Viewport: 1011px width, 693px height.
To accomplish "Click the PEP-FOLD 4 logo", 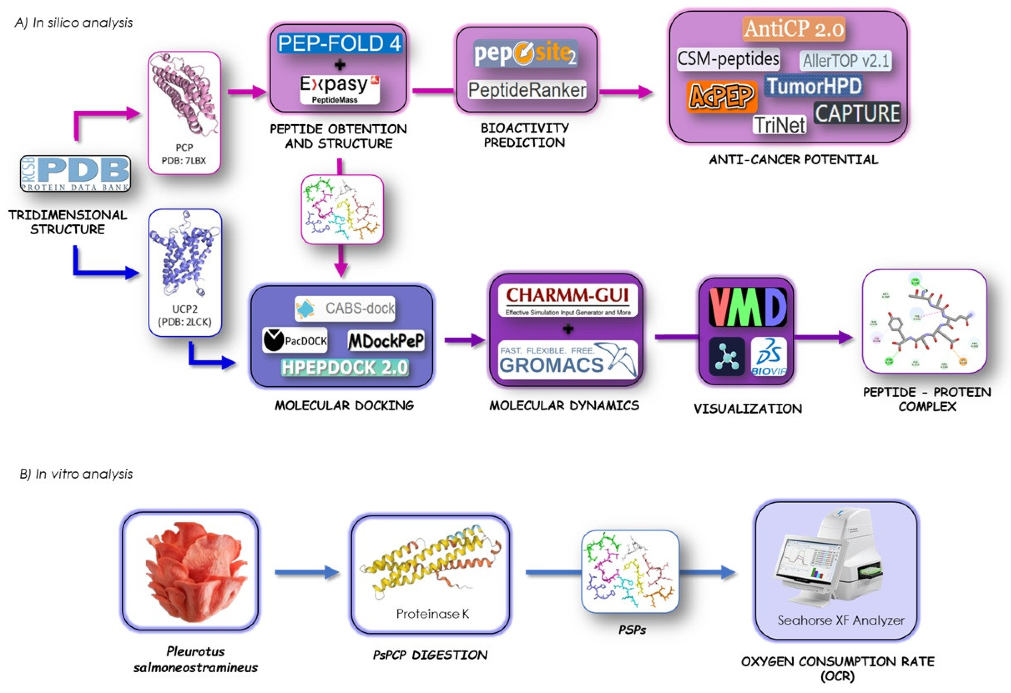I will tap(339, 43).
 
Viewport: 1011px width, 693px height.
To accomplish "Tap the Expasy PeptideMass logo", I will tap(339, 89).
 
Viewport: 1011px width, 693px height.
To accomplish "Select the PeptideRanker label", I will tap(527, 90).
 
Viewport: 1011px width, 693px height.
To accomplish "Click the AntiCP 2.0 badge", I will tap(793, 29).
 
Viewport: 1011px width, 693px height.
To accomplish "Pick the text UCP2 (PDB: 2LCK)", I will tap(185, 315).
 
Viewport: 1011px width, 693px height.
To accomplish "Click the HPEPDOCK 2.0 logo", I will tap(345, 367).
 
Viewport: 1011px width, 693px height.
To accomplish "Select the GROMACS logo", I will tap(567, 360).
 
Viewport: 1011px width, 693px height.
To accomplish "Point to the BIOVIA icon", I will tap(769, 356).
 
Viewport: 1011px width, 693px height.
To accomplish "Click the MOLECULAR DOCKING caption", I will tap(344, 406).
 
